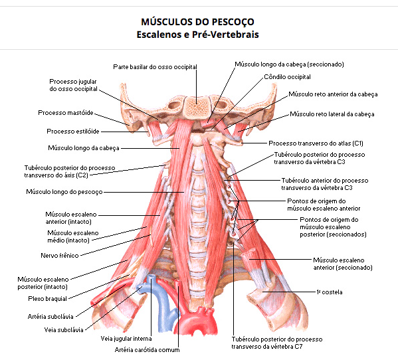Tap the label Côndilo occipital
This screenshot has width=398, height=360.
pos(287,77)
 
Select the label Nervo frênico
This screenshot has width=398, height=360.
pos(60,256)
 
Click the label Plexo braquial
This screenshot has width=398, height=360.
pos(47,299)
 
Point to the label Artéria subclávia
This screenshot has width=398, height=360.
pos(50,316)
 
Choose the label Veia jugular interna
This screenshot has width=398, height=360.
pos(126,339)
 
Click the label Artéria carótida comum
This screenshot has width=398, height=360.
pos(148,350)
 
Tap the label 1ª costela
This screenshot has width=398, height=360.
pos(329,292)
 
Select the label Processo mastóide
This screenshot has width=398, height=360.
pos(66,113)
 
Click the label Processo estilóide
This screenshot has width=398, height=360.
pos(73,131)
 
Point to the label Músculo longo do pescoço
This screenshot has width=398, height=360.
pos(64,192)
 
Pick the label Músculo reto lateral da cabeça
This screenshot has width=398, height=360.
pos(332,114)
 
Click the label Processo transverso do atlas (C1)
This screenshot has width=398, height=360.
pos(316,143)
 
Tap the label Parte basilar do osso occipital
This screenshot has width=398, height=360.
pos(155,67)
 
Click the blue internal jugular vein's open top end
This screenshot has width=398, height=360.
pos(151,277)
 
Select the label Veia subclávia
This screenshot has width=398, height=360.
pos(64,330)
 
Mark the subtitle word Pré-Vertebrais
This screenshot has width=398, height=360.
pos(225,35)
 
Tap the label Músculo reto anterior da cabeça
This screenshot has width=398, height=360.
pos(333,94)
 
